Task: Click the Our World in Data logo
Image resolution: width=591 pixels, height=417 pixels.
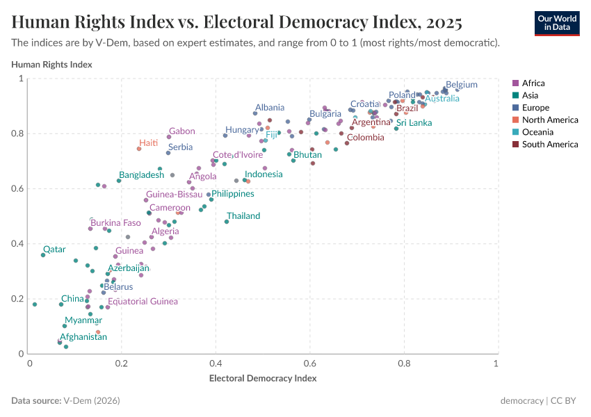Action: tap(556, 23)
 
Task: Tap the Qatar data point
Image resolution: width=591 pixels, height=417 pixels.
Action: tap(43, 255)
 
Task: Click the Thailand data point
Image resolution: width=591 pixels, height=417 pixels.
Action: tap(227, 222)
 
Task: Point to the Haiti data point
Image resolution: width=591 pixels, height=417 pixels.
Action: tap(139, 149)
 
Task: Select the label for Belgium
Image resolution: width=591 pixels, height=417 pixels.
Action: tap(462, 85)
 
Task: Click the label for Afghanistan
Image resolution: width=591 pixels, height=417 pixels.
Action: tap(83, 337)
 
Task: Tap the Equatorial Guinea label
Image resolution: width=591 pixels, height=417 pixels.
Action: tap(143, 302)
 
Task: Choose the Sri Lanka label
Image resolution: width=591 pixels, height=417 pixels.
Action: tap(414, 123)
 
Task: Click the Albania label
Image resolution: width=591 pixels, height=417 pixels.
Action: tap(270, 108)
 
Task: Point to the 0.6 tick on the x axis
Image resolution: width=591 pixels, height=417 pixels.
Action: tap(310, 363)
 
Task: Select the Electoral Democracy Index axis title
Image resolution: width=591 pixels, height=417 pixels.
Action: tap(263, 379)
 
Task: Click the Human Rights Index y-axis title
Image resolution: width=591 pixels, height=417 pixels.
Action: tap(51, 65)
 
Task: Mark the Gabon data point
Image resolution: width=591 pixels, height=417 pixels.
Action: tap(168, 137)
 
